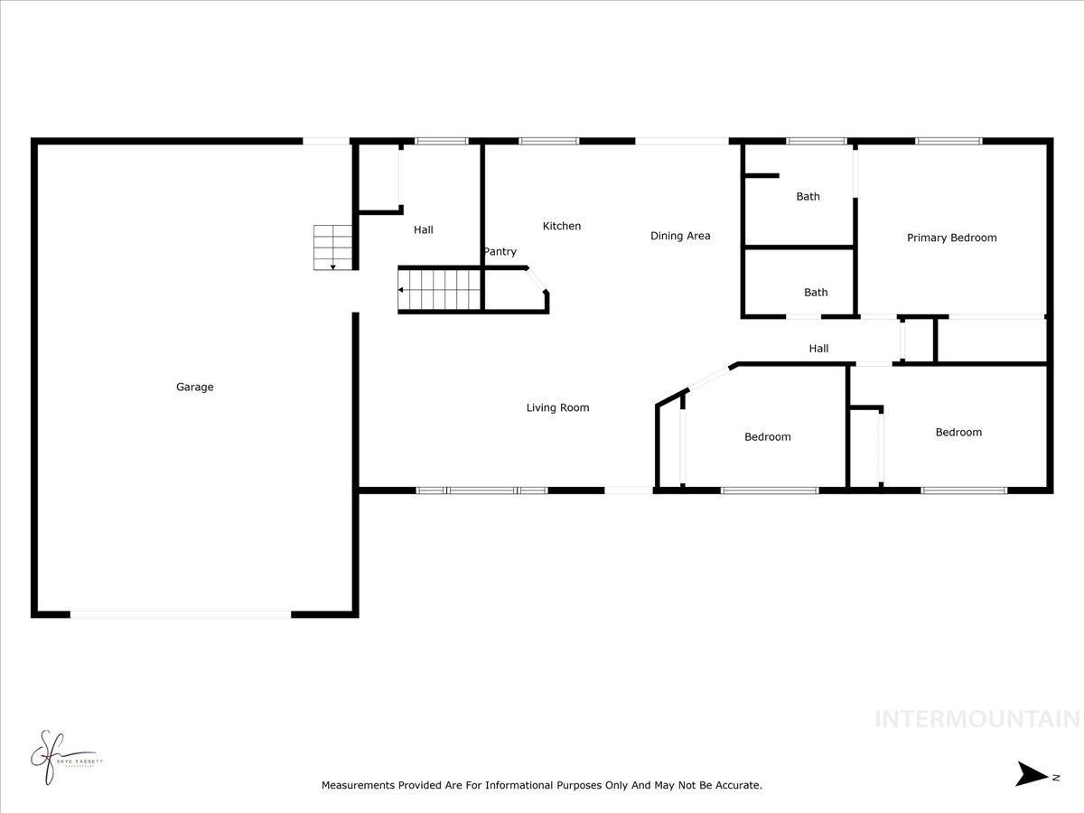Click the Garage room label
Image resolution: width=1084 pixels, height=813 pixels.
click(194, 388)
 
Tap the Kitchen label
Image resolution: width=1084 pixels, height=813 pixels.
click(561, 226)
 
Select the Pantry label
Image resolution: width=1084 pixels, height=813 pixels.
click(500, 252)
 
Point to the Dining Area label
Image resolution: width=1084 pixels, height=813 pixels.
click(680, 236)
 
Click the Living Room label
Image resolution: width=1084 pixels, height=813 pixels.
click(557, 407)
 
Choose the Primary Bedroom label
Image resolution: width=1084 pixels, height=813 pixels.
click(951, 238)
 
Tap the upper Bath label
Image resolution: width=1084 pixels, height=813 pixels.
click(808, 196)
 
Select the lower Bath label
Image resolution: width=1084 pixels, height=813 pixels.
click(816, 292)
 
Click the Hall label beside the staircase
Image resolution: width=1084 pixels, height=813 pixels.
click(423, 230)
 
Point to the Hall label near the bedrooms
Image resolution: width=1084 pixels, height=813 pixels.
click(818, 349)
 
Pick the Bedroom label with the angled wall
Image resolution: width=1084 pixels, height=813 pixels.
click(767, 437)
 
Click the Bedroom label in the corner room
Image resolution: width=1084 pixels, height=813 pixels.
click(958, 433)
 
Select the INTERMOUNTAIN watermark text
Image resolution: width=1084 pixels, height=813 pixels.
click(977, 719)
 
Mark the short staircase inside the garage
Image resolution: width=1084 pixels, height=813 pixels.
click(332, 247)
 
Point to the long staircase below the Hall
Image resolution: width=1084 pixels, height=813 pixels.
click(440, 289)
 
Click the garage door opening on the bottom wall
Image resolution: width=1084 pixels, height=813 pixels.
click(181, 614)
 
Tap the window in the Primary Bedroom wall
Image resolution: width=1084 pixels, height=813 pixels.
click(948, 141)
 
